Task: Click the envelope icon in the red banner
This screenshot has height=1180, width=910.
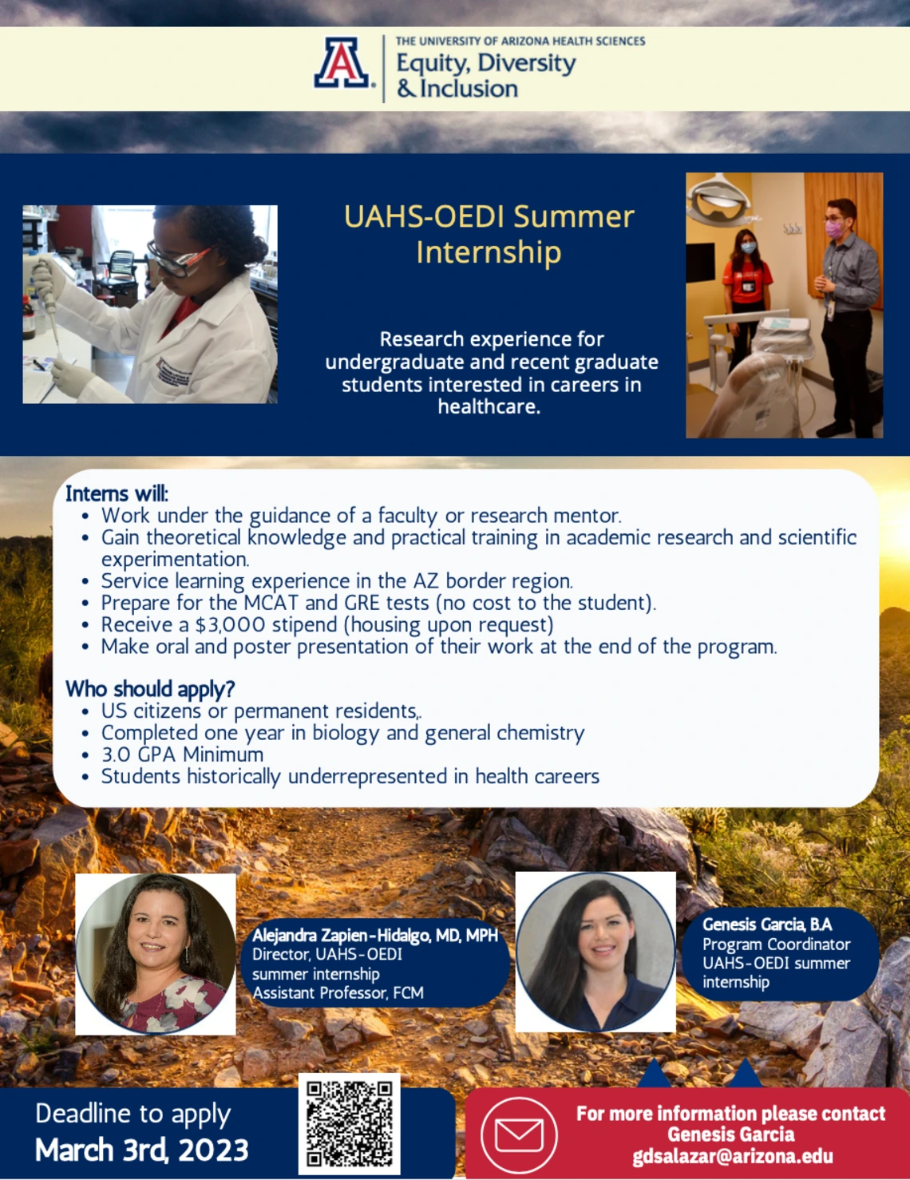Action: point(519,1134)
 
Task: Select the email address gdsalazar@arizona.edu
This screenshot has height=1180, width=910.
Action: point(733,1156)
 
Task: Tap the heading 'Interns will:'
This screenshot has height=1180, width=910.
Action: point(117,493)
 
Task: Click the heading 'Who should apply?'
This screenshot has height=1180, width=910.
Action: point(150,688)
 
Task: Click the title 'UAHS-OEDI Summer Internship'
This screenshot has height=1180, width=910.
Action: point(489,234)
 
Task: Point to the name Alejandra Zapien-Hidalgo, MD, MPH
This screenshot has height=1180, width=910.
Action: point(375,935)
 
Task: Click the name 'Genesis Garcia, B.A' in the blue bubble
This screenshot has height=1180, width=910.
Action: point(767,925)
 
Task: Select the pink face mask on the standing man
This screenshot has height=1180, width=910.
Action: point(835,228)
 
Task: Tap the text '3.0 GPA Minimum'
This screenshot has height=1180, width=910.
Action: point(183,754)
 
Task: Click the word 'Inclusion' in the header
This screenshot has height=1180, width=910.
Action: point(469,89)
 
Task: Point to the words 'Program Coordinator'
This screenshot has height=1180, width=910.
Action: point(777,944)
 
